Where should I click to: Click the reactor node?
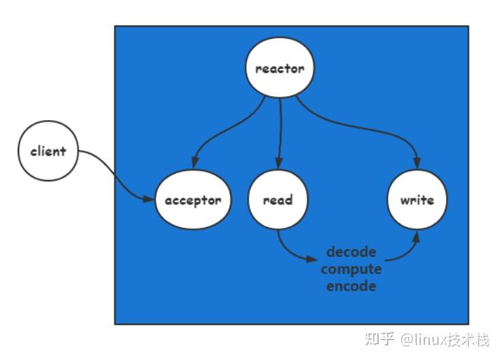point(279,69)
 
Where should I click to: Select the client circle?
point(48,151)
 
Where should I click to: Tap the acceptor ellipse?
point(193,200)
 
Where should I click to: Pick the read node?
point(278,200)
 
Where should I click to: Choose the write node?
point(416,200)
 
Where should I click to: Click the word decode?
point(351,252)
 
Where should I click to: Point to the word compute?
point(351,269)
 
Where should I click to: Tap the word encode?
point(351,286)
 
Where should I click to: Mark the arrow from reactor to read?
point(280,133)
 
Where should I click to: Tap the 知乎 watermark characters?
point(380,339)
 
